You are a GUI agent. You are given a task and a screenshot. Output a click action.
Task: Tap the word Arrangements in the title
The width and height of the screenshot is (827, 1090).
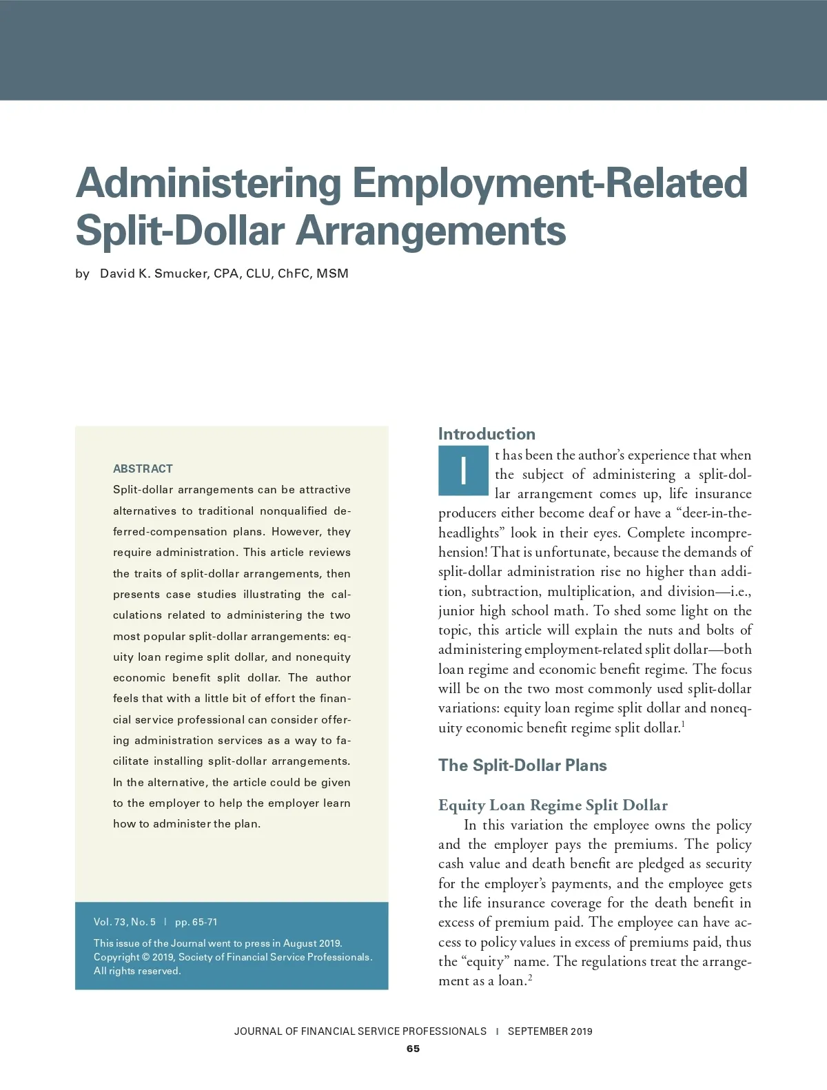(431, 231)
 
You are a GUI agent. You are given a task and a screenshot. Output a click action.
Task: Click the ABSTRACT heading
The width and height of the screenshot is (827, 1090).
(143, 469)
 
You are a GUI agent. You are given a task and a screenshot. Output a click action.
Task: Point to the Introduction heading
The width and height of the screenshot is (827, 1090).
(487, 434)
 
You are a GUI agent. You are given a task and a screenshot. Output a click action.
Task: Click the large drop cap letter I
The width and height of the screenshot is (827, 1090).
(463, 471)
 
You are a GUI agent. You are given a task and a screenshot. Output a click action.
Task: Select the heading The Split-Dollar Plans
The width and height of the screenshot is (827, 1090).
(522, 765)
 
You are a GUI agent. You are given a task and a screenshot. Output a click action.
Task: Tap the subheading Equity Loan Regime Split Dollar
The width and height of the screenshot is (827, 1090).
(553, 805)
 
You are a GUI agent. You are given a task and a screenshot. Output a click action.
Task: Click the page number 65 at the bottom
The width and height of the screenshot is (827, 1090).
(413, 1049)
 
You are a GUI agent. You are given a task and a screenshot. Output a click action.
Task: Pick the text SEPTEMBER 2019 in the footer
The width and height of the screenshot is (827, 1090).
(550, 1031)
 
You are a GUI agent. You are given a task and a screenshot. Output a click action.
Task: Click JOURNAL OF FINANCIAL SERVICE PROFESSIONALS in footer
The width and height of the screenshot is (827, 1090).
(360, 1031)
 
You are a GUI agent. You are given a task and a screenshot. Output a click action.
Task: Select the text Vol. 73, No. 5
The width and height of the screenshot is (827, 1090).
(125, 922)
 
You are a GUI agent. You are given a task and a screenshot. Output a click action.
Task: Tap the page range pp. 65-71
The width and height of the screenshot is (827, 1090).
(196, 922)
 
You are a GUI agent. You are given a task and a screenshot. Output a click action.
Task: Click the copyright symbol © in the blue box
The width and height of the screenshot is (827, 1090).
(145, 957)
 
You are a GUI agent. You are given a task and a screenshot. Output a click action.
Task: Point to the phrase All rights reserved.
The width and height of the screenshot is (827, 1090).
(137, 971)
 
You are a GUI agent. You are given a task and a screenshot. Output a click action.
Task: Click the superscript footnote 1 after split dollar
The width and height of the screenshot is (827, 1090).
(683, 724)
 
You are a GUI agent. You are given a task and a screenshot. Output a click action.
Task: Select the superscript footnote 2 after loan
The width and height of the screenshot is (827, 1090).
(529, 977)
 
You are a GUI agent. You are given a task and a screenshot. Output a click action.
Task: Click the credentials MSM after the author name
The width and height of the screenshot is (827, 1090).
(333, 274)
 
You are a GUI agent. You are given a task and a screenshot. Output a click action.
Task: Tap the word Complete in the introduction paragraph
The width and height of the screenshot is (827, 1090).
(656, 533)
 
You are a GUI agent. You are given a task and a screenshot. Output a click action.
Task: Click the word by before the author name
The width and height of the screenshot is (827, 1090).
(83, 274)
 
